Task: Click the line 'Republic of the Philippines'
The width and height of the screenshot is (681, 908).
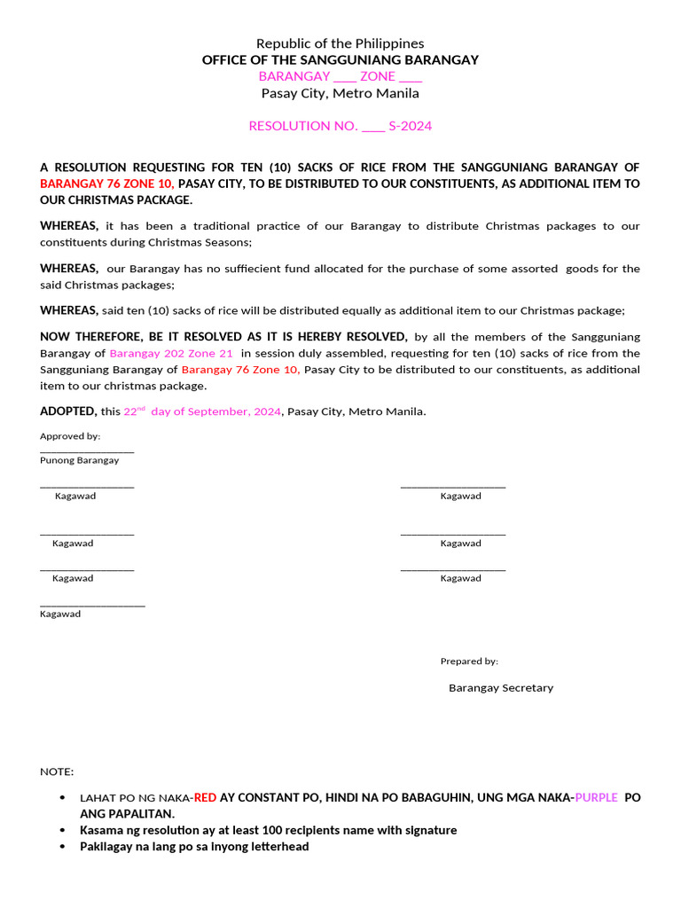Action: (340, 43)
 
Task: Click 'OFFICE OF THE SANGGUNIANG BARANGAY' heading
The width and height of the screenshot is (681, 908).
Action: (340, 60)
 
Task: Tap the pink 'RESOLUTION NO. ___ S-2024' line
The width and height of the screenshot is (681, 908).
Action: (340, 126)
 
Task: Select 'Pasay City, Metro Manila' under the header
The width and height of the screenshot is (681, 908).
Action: (340, 93)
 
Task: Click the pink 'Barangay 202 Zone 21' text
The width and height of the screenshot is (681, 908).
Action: (171, 353)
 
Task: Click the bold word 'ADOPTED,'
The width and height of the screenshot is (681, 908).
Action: (68, 411)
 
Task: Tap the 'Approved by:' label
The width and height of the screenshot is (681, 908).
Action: (70, 436)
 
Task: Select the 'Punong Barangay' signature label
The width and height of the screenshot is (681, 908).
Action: (79, 460)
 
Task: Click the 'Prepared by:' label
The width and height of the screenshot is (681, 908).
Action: (469, 661)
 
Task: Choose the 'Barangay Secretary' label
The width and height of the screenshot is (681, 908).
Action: (500, 688)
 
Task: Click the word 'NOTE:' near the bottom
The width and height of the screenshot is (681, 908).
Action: (57, 772)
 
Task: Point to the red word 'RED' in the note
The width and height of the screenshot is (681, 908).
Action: (206, 798)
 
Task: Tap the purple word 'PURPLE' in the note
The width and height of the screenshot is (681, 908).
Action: (596, 798)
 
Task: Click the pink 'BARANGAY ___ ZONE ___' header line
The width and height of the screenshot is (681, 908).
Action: (340, 77)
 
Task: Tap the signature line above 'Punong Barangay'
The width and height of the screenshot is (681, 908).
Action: (87, 451)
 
